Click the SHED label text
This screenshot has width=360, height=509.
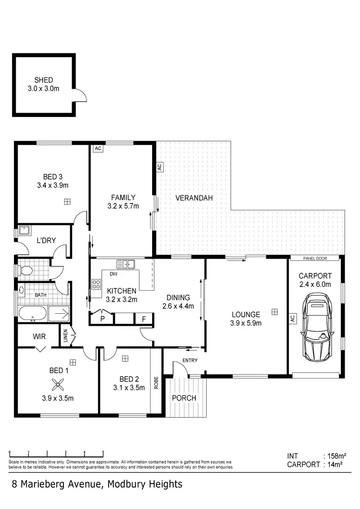[x=43, y=80]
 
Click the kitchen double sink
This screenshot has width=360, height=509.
[x=126, y=263]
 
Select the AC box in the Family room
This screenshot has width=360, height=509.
[x=98, y=149]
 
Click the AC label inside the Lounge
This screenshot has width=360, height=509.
[x=291, y=318]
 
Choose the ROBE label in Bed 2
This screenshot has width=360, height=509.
[x=156, y=381]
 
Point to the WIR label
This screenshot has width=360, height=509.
[x=39, y=336]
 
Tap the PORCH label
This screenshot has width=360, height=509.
[x=184, y=398]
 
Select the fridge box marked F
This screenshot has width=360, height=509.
[x=144, y=319]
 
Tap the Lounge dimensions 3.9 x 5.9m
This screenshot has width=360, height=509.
[x=246, y=323]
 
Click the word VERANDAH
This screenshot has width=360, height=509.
[x=194, y=198]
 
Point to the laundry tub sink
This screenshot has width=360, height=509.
[x=24, y=231]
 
